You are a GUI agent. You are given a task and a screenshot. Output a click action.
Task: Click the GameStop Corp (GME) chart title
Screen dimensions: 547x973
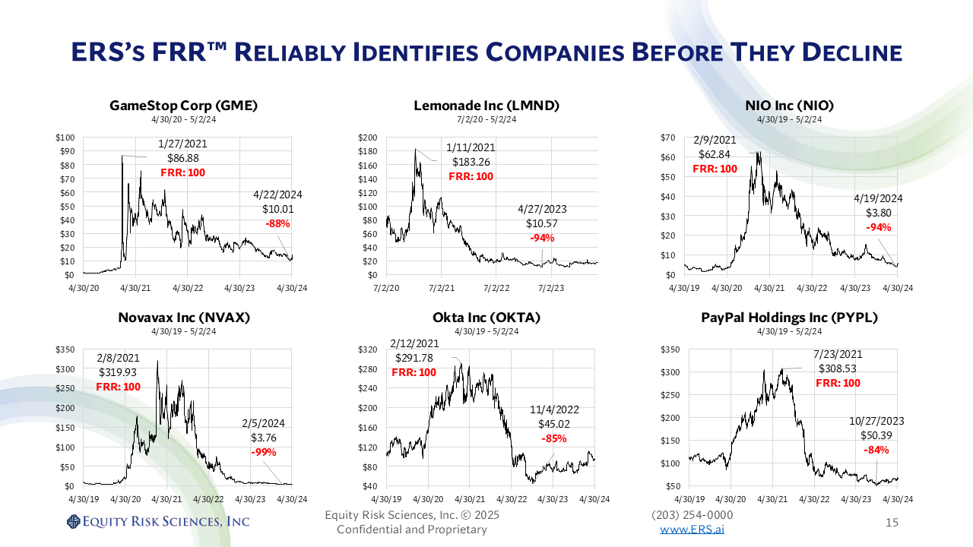[183, 106]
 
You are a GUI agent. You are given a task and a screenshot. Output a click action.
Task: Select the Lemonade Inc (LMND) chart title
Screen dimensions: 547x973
[486, 106]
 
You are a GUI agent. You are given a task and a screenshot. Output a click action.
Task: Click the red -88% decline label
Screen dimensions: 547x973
[277, 223]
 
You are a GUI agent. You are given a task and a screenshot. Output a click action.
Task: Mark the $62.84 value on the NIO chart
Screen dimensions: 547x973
[715, 154]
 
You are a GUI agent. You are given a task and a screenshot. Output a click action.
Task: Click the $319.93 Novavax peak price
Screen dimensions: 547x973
[118, 372]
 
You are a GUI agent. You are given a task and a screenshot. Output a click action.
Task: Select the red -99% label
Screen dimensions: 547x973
[263, 452]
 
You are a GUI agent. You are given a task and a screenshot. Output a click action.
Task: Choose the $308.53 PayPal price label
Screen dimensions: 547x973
[838, 368]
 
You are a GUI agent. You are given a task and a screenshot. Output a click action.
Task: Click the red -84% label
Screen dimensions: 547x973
[876, 450]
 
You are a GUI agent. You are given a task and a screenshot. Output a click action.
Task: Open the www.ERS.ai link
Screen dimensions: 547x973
[692, 530]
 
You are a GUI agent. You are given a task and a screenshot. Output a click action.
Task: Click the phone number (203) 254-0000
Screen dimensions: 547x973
[693, 516]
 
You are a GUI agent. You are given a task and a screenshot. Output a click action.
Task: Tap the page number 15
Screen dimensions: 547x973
[892, 523]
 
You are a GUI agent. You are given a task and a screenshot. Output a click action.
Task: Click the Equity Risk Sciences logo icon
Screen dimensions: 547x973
[74, 521]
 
